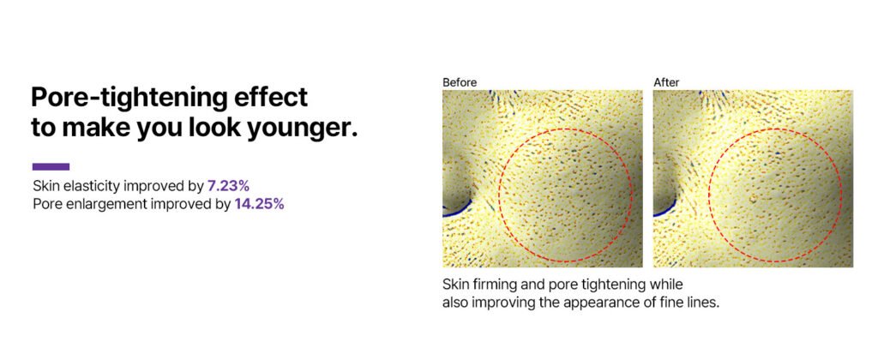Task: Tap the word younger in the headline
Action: click(309, 129)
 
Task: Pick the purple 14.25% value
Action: click(259, 204)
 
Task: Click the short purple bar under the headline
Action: click(51, 166)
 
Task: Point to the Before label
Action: click(460, 82)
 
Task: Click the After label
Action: click(666, 82)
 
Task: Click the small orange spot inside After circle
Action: click(753, 198)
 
